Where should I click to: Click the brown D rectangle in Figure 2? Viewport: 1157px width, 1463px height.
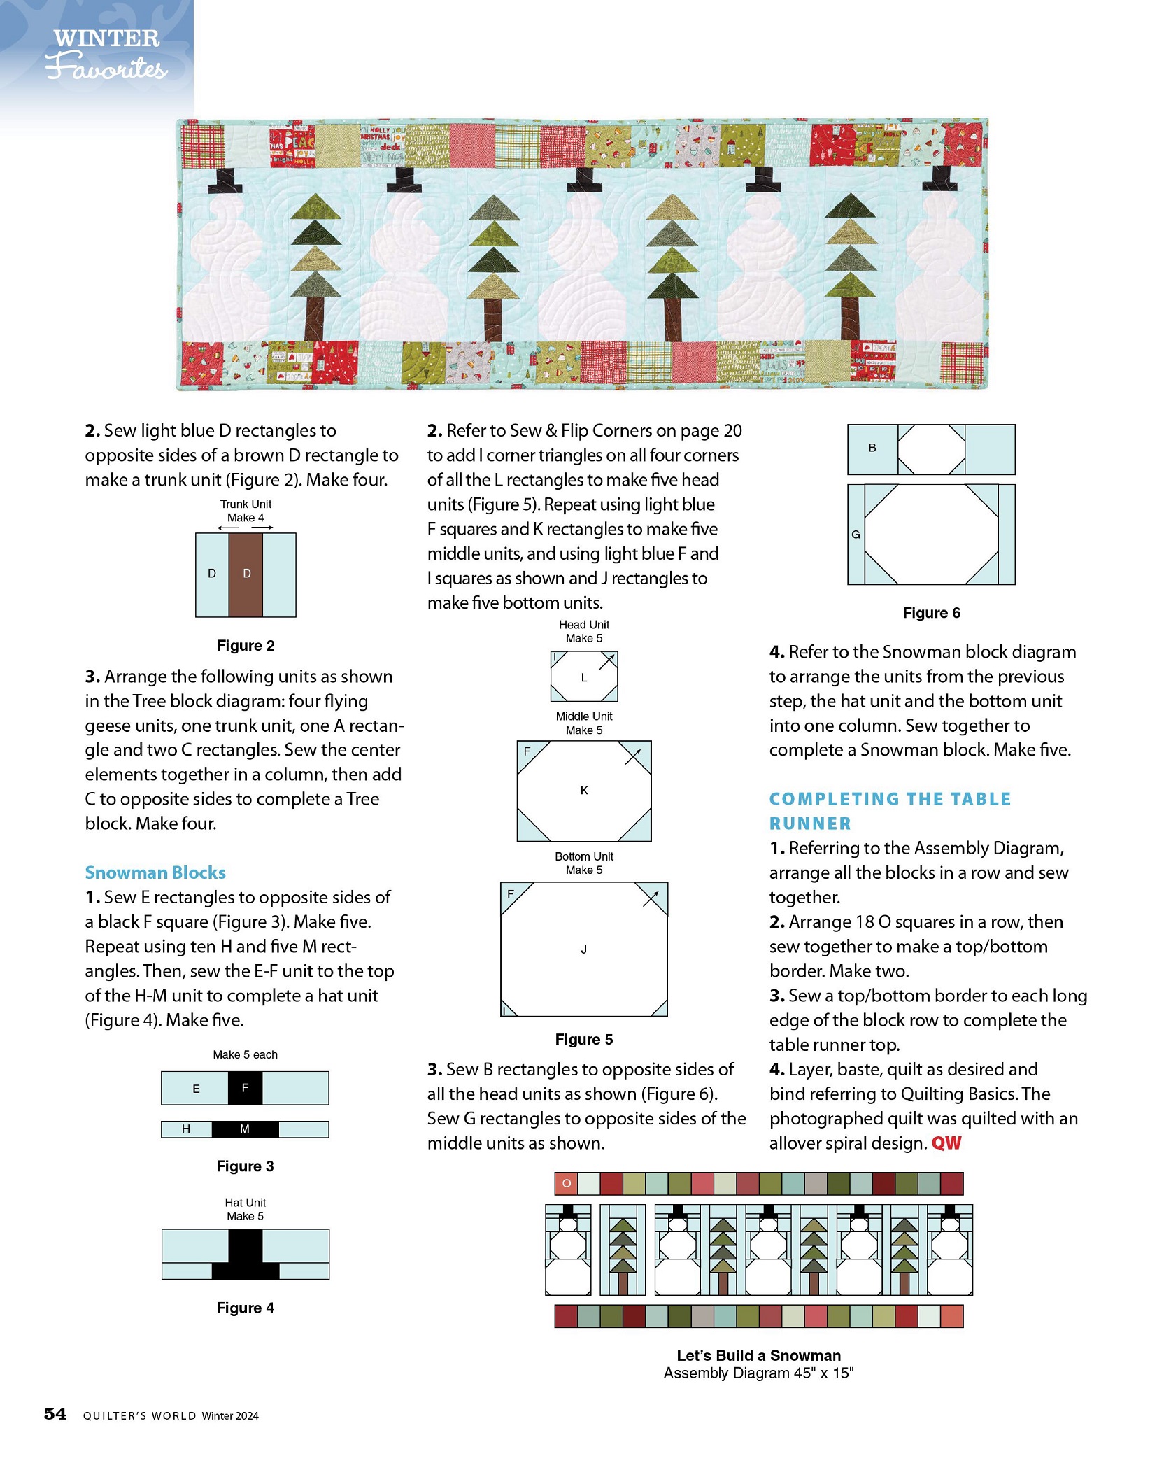[x=246, y=574]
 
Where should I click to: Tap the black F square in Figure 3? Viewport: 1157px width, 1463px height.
[x=245, y=1088]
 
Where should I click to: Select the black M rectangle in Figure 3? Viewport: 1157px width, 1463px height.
[x=245, y=1129]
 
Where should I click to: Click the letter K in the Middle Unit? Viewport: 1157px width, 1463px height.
[x=584, y=790]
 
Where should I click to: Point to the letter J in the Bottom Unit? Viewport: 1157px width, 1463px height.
[x=583, y=949]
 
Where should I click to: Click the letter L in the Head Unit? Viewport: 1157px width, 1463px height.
[x=583, y=677]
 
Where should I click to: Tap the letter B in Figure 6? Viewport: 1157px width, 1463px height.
[x=872, y=448]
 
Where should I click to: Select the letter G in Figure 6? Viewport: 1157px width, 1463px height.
[x=856, y=535]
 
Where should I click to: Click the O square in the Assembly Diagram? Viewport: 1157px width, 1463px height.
[x=566, y=1184]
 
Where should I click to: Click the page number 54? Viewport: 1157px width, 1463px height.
[x=55, y=1414]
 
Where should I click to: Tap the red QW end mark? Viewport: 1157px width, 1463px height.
[x=946, y=1143]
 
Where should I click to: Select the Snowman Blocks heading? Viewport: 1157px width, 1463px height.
[x=155, y=872]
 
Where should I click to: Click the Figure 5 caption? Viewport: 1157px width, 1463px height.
[x=583, y=1039]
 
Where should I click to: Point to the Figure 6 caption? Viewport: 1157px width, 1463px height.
[x=931, y=613]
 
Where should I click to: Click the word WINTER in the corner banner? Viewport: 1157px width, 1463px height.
[x=106, y=38]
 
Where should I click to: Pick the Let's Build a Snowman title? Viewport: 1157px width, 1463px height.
[x=758, y=1355]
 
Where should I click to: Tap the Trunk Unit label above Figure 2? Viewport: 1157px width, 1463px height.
[x=246, y=504]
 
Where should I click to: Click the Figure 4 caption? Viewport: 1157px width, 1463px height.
[x=245, y=1308]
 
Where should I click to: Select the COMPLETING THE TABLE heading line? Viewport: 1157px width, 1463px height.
[x=890, y=799]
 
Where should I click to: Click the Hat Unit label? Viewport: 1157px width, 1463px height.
[x=245, y=1202]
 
